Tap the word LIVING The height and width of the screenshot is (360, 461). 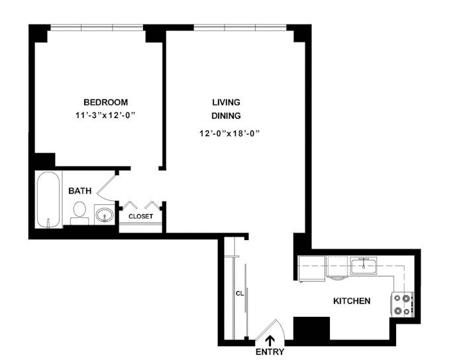(x=226, y=102)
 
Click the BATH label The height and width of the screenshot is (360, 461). (x=80, y=191)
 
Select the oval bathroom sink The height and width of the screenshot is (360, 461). (x=104, y=215)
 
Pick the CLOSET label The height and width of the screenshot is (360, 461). (x=140, y=217)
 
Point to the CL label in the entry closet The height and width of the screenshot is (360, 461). (x=240, y=292)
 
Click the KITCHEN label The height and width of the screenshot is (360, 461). (x=351, y=301)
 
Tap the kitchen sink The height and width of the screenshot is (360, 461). (x=363, y=266)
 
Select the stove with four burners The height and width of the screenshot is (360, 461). (x=402, y=304)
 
